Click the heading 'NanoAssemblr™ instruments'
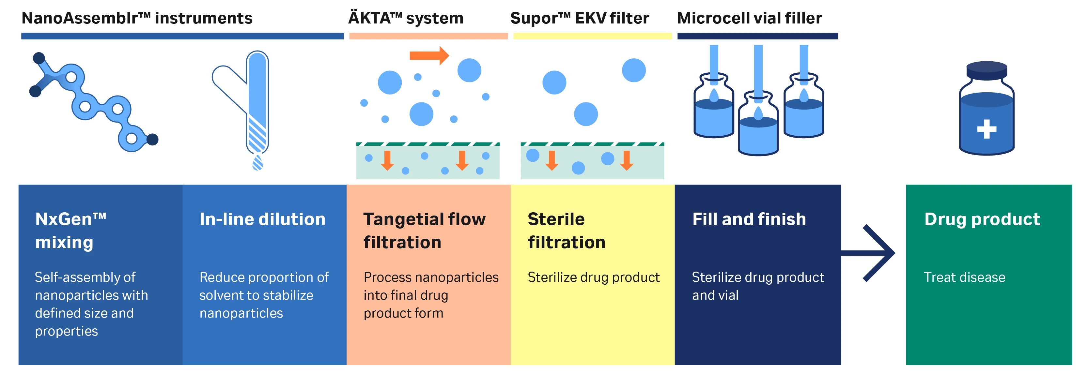pyautogui.click(x=137, y=18)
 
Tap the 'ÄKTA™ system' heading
pyautogui.click(x=405, y=18)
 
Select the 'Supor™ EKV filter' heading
pyautogui.click(x=580, y=18)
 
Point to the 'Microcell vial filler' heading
pyautogui.click(x=749, y=18)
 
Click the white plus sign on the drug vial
pyautogui.click(x=987, y=129)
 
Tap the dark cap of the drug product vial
pyautogui.click(x=987, y=70)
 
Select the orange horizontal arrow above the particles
pyautogui.click(x=429, y=55)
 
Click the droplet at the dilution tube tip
pyautogui.click(x=257, y=162)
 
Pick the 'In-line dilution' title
pyautogui.click(x=262, y=219)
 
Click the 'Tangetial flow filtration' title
pyautogui.click(x=425, y=231)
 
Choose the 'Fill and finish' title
pyautogui.click(x=749, y=219)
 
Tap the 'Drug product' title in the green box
pyautogui.click(x=982, y=219)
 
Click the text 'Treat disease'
pyautogui.click(x=964, y=277)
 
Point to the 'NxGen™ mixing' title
pyautogui.click(x=70, y=231)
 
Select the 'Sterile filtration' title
pyautogui.click(x=567, y=231)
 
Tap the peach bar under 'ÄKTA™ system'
pyautogui.click(x=428, y=36)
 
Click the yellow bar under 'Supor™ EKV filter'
pyautogui.click(x=592, y=36)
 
